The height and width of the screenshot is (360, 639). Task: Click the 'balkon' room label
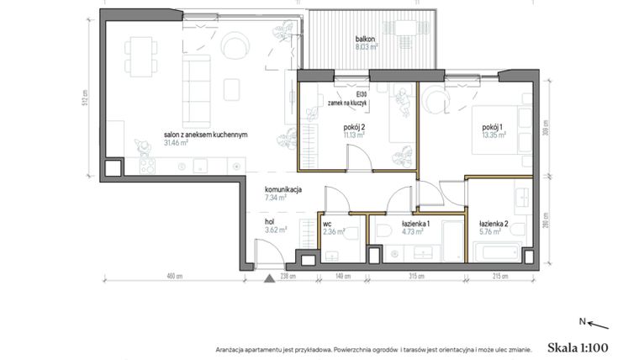365,40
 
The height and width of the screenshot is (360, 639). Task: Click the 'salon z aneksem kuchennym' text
204,135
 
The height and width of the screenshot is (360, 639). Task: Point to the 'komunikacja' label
283,189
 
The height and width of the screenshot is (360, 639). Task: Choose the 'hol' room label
271,220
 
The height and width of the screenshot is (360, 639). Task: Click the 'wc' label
327,224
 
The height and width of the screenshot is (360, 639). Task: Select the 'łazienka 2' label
494,224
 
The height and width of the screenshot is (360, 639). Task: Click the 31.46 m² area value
177,143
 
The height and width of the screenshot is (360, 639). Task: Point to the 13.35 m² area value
494,133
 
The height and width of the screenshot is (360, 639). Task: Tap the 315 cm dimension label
412,276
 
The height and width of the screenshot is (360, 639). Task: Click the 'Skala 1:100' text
577,346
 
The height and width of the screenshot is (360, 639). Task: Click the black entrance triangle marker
267,278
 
